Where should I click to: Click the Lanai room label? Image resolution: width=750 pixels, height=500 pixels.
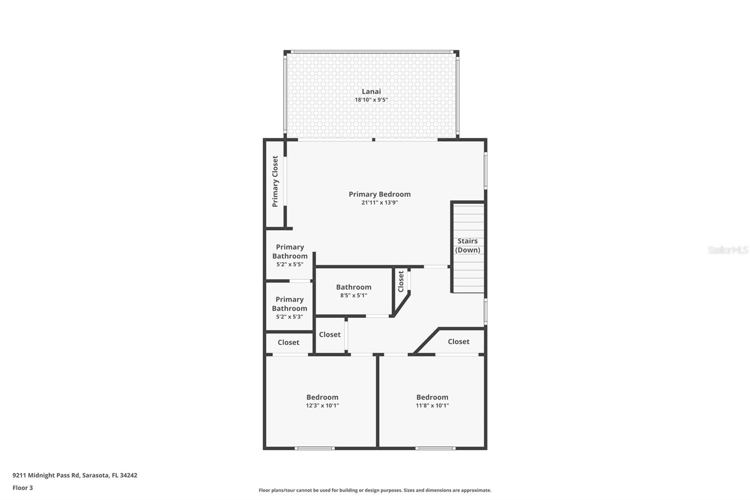tap(371, 91)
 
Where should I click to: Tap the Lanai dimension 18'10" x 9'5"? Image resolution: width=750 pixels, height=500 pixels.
tap(371, 100)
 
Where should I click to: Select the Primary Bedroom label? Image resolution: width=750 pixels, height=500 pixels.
tap(379, 194)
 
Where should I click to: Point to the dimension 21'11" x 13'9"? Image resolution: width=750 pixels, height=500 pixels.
tap(379, 203)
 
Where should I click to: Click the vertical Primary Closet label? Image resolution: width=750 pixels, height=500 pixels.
tap(275, 182)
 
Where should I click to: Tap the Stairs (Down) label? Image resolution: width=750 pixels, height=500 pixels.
tap(467, 245)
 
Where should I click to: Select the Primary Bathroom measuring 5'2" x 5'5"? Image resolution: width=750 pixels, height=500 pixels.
tap(290, 255)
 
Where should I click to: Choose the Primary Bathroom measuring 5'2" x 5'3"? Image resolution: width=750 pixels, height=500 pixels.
tap(289, 308)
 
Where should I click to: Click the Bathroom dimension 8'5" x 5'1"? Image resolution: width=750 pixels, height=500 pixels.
tap(353, 295)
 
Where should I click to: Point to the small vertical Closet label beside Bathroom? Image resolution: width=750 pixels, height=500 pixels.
tap(401, 281)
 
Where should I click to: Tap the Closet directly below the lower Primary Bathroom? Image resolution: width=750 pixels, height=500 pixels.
tap(288, 342)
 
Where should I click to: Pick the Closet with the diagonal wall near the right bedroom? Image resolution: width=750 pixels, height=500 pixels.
tap(458, 341)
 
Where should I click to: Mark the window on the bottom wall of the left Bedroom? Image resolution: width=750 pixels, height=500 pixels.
tap(315, 448)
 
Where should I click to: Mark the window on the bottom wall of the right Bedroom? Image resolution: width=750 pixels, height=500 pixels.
tap(435, 448)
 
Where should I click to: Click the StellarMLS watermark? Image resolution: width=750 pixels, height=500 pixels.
tap(727, 250)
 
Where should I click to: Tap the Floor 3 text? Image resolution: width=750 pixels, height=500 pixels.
tap(22, 488)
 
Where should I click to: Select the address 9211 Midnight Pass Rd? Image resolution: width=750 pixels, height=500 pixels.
tap(75, 475)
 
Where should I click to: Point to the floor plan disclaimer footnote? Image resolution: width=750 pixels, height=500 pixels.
tap(375, 490)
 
